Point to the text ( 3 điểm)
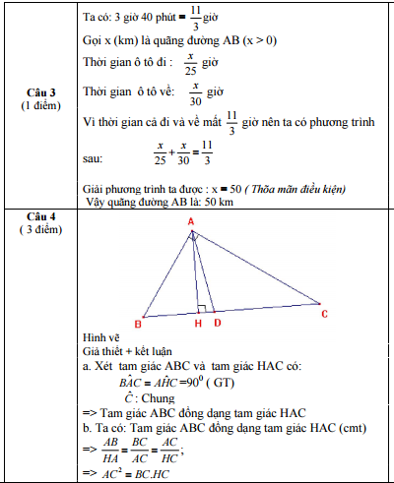click(x=40, y=229)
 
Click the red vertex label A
click(x=191, y=222)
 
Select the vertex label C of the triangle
click(x=324, y=314)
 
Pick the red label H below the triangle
click(x=198, y=323)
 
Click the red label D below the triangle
click(x=217, y=323)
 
